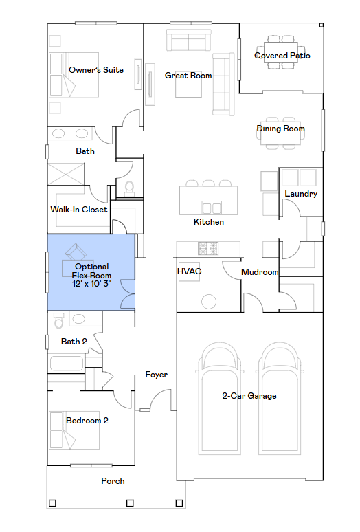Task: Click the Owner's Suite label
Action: click(96, 70)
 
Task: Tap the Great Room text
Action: click(188, 76)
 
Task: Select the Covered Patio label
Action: click(282, 56)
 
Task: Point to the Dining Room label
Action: click(280, 129)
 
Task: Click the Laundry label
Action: click(301, 194)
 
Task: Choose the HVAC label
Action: click(189, 271)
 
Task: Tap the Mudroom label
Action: click(260, 272)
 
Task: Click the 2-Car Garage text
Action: click(249, 396)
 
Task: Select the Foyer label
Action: click(156, 375)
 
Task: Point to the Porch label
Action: click(113, 481)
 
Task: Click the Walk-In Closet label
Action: click(78, 210)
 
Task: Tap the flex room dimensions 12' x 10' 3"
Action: click(91, 284)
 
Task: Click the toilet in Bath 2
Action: click(59, 320)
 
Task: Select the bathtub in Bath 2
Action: click(67, 364)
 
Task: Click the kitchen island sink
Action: click(212, 208)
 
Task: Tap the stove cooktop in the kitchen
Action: click(208, 248)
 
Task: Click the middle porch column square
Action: click(130, 503)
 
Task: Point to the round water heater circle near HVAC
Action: click(209, 301)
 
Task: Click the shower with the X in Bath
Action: click(66, 175)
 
